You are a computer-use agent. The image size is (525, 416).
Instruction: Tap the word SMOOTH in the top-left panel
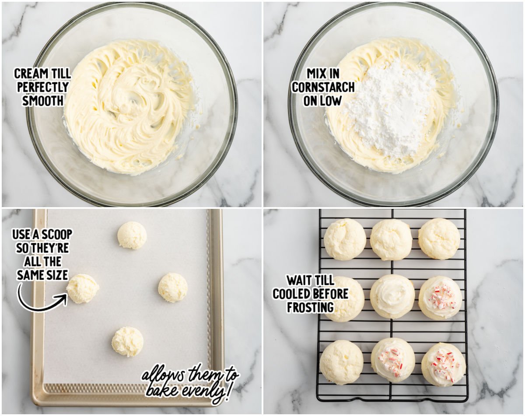pyautogui.click(x=43, y=101)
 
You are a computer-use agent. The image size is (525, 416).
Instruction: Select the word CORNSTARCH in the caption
pyautogui.click(x=323, y=87)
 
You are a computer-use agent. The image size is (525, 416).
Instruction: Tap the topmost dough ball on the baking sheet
pyautogui.click(x=132, y=235)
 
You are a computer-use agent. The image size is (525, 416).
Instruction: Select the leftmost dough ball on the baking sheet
pyautogui.click(x=83, y=289)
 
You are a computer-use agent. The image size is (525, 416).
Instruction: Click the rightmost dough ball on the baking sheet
pyautogui.click(x=173, y=287)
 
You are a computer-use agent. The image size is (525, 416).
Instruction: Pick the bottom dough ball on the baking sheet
pyautogui.click(x=127, y=341)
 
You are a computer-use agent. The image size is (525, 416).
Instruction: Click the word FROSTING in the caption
pyautogui.click(x=310, y=307)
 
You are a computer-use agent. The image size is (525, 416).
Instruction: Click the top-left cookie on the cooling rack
pyautogui.click(x=345, y=239)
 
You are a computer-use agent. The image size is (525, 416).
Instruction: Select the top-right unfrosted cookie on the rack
pyautogui.click(x=439, y=239)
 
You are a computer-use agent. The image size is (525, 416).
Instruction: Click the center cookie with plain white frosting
pyautogui.click(x=392, y=296)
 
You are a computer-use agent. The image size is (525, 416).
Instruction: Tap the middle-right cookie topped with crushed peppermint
pyautogui.click(x=440, y=297)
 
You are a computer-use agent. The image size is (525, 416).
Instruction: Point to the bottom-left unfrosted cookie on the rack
pyautogui.click(x=341, y=362)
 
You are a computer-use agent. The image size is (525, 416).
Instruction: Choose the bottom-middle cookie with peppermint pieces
pyautogui.click(x=393, y=360)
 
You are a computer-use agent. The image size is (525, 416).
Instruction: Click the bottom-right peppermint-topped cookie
pyautogui.click(x=443, y=364)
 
